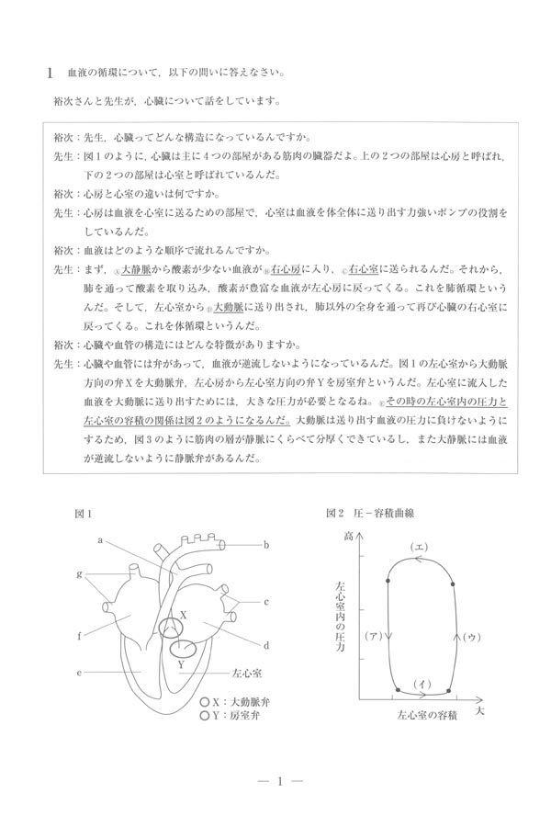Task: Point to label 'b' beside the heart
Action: (265, 545)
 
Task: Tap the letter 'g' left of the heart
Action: (81, 573)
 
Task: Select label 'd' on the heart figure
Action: (265, 645)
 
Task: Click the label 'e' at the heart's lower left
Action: (80, 673)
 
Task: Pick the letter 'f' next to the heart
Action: (81, 634)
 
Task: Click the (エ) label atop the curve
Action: (418, 548)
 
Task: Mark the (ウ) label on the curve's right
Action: (468, 636)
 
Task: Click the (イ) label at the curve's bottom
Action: (422, 683)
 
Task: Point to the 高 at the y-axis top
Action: (348, 535)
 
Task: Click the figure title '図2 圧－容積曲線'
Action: (369, 513)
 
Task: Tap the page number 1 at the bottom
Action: (276, 781)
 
